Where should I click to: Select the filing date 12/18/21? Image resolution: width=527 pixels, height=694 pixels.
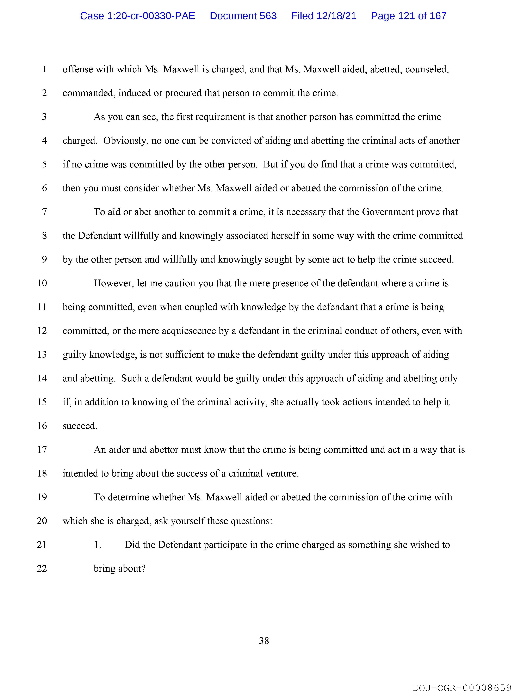pyautogui.click(x=336, y=16)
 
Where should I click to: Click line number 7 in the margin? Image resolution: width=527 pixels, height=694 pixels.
pyautogui.click(x=45, y=212)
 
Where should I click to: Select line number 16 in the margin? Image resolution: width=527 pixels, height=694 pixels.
pyautogui.click(x=42, y=426)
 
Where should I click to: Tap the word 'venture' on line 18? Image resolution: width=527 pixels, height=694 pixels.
pyautogui.click(x=282, y=473)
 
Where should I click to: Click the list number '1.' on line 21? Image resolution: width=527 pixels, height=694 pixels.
pyautogui.click(x=98, y=545)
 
